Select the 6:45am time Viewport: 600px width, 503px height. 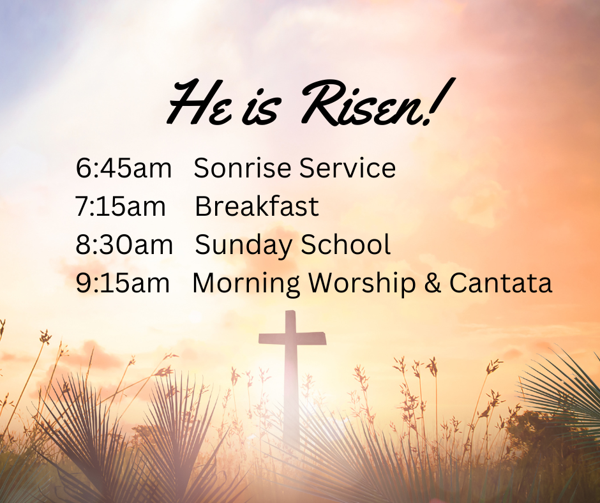coord(124,168)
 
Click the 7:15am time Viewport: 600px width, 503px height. coord(121,207)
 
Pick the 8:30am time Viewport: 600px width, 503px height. coord(124,245)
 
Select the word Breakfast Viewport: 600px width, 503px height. coord(257,207)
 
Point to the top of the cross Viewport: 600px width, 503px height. coord(291,315)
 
